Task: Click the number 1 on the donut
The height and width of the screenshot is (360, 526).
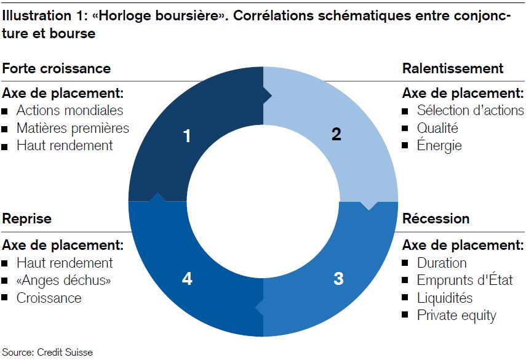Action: [187, 136]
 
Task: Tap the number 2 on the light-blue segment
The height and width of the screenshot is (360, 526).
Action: [337, 134]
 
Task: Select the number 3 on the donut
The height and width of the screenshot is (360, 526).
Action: [338, 279]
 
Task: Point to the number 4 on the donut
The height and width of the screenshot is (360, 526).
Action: [187, 279]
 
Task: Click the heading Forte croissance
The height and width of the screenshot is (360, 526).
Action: [57, 68]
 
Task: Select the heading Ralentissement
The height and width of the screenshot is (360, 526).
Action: [453, 68]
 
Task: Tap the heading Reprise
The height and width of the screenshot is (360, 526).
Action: [27, 218]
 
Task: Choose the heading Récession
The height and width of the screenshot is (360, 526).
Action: [436, 218]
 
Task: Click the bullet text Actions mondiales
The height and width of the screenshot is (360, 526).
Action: [70, 110]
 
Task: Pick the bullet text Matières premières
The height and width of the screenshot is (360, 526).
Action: [73, 128]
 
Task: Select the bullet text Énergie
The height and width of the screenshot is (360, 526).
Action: [439, 145]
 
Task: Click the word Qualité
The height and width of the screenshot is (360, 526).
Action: [437, 128]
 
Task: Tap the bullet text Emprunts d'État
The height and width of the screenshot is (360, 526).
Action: [465, 280]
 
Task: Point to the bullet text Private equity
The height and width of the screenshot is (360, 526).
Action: [456, 315]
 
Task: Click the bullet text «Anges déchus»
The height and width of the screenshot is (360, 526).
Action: [64, 281]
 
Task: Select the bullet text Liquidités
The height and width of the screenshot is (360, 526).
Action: [445, 298]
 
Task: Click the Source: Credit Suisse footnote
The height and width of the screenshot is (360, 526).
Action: [47, 352]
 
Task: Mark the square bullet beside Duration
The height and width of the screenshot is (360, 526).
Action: [405, 263]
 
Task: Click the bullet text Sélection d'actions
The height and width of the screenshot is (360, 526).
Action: [470, 110]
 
